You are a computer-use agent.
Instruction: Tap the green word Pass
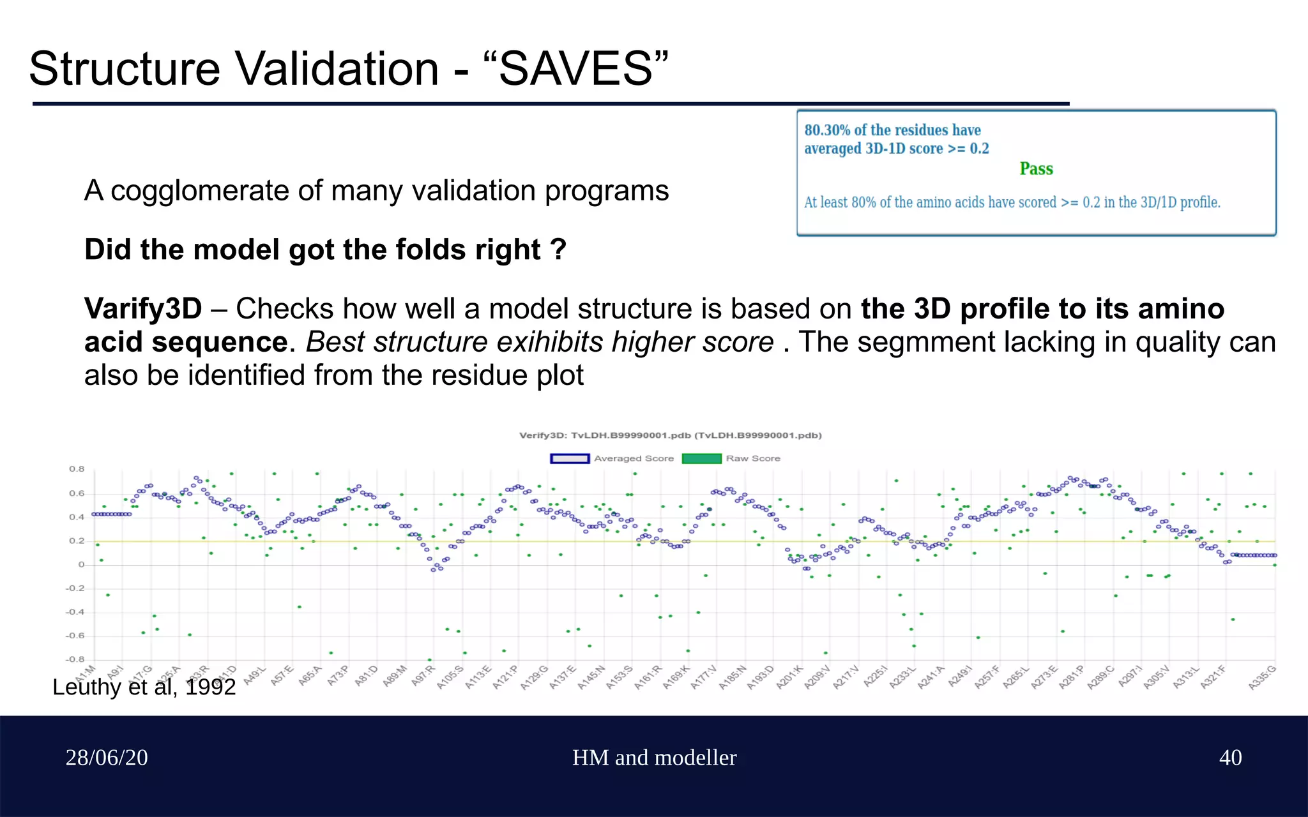coord(1035,169)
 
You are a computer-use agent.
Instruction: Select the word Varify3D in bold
coord(143,310)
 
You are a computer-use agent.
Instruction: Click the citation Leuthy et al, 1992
coord(144,687)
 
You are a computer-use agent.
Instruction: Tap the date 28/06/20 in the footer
coord(107,758)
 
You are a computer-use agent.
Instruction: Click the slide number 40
coord(1230,758)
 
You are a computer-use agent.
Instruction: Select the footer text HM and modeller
coord(654,758)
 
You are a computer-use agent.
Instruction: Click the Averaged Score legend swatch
coord(569,458)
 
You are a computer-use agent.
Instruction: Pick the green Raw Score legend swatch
coord(701,458)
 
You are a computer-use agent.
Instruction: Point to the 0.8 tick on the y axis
coord(77,469)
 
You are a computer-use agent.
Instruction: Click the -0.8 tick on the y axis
coord(75,659)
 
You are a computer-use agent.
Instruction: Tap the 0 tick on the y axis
coord(81,564)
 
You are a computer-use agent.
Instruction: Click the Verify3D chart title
coord(670,435)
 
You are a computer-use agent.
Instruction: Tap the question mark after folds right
coord(559,250)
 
